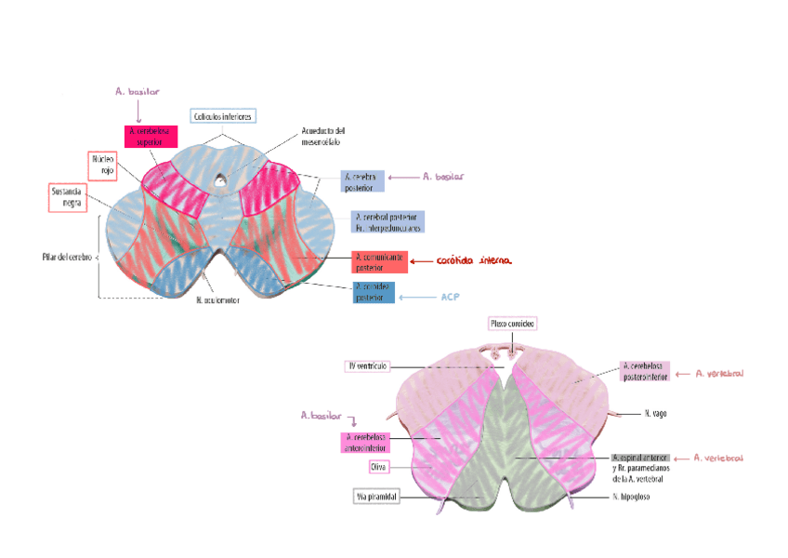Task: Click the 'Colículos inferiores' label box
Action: click(x=222, y=116)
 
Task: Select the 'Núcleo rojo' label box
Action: click(x=102, y=166)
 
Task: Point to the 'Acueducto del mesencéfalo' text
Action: click(x=322, y=137)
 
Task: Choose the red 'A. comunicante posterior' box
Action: click(x=380, y=261)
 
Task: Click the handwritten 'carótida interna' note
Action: click(x=474, y=260)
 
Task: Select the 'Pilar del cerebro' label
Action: click(x=66, y=257)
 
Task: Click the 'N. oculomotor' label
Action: click(x=217, y=300)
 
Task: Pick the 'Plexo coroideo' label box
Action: click(x=513, y=323)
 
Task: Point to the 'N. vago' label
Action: click(x=656, y=412)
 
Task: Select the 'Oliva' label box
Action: click(x=379, y=466)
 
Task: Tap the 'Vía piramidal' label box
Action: click(x=376, y=498)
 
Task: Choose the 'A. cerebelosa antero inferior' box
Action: click(x=366, y=442)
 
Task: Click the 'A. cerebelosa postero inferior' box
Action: click(x=645, y=371)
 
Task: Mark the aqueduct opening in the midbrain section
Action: click(x=219, y=179)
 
